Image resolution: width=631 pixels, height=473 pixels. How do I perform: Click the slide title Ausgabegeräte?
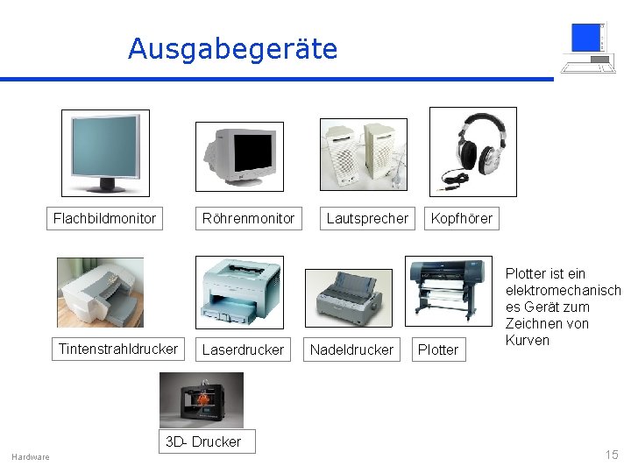[x=232, y=49]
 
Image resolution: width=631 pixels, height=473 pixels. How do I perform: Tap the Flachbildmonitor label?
[x=104, y=218]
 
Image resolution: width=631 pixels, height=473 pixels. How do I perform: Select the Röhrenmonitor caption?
[x=248, y=218]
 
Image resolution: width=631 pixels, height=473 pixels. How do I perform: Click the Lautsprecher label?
[x=367, y=218]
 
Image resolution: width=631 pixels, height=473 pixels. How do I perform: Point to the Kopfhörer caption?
[x=461, y=218]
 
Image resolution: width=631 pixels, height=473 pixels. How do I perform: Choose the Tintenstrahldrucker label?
[x=117, y=349]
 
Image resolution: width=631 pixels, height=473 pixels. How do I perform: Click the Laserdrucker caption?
[x=243, y=349]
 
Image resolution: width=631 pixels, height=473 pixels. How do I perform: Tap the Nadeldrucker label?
[x=351, y=349]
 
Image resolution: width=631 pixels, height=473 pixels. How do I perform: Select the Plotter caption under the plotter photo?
[x=438, y=349]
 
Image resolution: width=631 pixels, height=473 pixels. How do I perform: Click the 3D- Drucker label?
[x=203, y=441]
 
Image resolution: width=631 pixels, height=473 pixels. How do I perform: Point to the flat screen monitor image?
[x=105, y=152]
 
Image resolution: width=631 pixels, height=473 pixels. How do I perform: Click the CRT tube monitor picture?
[x=239, y=156]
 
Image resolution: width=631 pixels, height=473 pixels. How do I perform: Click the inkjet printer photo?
[x=100, y=293]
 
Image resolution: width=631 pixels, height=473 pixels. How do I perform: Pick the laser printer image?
[x=239, y=292]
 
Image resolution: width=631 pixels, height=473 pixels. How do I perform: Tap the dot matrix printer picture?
[x=349, y=297]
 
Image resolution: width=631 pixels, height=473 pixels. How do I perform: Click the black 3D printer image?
[x=201, y=400]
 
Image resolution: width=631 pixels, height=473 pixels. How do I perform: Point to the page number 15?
[x=611, y=454]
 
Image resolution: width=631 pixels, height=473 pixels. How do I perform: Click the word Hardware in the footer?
[x=31, y=456]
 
